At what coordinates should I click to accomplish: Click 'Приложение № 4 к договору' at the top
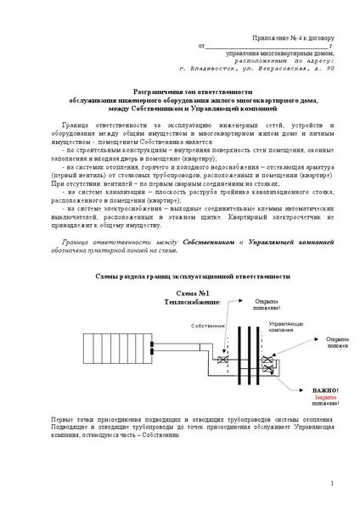tap(294, 39)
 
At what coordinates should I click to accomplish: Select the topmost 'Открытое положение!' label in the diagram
tap(271, 305)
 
